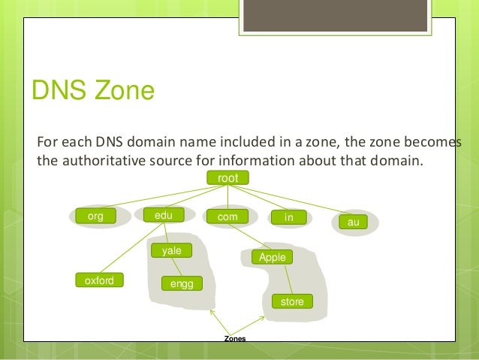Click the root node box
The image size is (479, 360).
coord(227,178)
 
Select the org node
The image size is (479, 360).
coord(95,216)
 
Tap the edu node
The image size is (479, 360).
coord(164,215)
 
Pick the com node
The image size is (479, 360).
coord(227,216)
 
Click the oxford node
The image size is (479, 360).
coord(99,281)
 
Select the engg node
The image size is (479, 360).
coord(182,283)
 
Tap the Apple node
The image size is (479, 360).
coord(273,257)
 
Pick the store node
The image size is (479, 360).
coord(291,301)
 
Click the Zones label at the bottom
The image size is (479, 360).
coord(235,339)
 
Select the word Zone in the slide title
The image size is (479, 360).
coord(125,92)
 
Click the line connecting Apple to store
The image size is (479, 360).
coord(282,279)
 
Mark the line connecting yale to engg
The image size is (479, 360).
coord(177,267)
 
